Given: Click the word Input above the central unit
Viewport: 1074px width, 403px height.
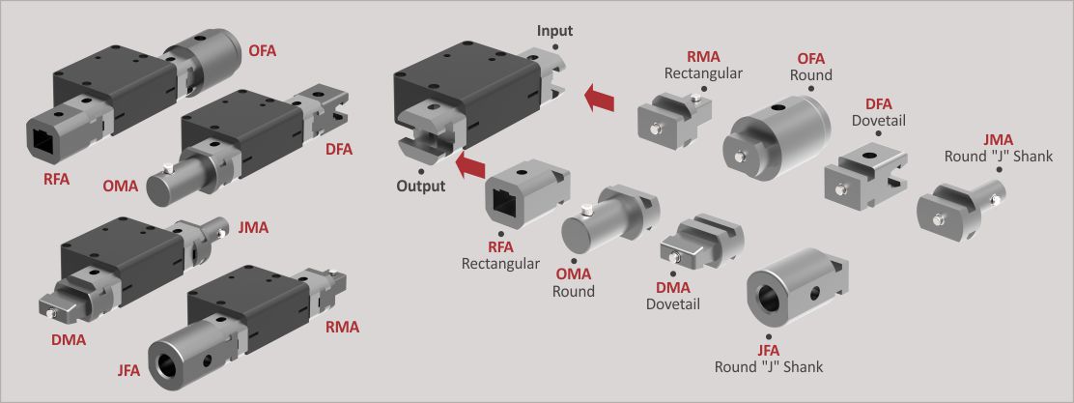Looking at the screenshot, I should coord(554,31).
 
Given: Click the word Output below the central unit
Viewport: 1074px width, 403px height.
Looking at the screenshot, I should coord(421,186).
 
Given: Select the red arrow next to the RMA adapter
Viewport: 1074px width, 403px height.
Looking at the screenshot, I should coord(601,97).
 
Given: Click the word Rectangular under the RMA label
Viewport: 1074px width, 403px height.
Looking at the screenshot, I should coord(704,73).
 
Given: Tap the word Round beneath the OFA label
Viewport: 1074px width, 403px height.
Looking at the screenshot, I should coord(810,74).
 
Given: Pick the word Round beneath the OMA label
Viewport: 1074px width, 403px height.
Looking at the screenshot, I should coord(574,291).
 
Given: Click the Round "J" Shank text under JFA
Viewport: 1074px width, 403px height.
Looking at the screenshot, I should coord(769,366).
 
